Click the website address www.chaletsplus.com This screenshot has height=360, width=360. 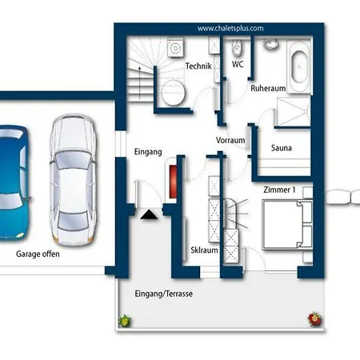point(230,28)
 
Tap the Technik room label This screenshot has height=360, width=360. point(198,66)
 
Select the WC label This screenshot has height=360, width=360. point(238,64)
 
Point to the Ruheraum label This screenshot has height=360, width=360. point(268,88)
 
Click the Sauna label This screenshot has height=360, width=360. point(282,148)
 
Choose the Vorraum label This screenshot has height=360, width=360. point(230,140)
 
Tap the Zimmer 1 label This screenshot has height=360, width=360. point(279,190)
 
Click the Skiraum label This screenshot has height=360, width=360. point(204,250)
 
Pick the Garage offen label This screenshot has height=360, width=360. point(38,254)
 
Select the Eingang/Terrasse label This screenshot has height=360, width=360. point(164,294)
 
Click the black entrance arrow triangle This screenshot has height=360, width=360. point(149,214)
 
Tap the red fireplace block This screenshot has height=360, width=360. point(174,182)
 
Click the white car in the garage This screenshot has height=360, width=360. point(73,180)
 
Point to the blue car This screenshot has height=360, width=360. point(14,182)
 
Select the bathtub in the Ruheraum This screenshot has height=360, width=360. point(299,66)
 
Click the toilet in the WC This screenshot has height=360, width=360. point(237,48)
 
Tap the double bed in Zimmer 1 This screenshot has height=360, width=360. point(287,226)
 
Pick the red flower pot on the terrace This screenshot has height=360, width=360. point(314,318)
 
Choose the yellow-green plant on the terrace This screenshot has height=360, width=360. point(125,321)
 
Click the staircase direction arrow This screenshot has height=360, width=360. point(139,83)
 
